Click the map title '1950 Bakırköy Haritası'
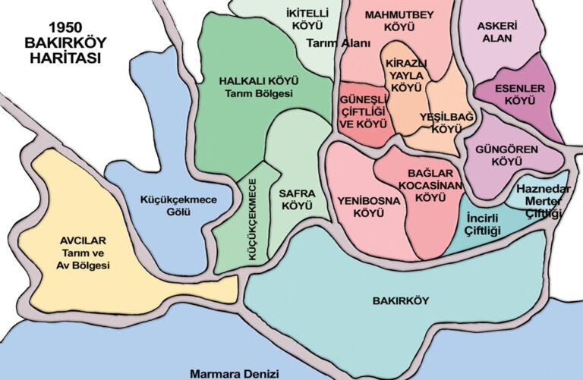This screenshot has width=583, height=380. coord(63,42)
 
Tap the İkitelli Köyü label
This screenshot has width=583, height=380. coord(285,18)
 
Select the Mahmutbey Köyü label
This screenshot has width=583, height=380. coord(399,20)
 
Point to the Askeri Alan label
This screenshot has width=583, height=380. coord(498,31)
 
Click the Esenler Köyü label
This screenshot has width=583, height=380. coord(520,94)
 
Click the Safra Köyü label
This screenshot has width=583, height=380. coord(298,199)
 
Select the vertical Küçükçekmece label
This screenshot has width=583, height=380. coord(253,220)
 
